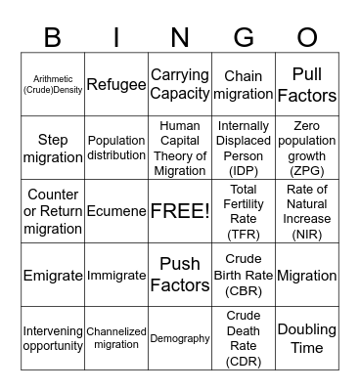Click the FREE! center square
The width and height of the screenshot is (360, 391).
(180, 211)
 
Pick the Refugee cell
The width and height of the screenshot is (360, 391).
(116, 85)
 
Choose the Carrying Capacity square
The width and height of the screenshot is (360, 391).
(180, 85)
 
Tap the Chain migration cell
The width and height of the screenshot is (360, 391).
(244, 85)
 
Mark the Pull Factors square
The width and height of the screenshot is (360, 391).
(307, 85)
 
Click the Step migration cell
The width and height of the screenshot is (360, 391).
(53, 149)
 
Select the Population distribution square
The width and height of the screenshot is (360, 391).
(116, 149)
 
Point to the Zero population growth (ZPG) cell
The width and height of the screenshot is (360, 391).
(307, 149)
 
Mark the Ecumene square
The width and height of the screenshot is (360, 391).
(116, 211)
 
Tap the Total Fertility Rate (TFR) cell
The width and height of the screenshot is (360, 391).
(244, 211)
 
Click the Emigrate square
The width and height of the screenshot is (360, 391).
(53, 276)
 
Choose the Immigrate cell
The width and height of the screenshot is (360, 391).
(116, 276)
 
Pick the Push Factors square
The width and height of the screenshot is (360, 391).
(180, 276)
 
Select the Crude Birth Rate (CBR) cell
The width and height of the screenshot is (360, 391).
(244, 276)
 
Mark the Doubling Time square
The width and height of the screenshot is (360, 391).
(307, 338)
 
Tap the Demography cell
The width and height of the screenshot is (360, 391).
(180, 338)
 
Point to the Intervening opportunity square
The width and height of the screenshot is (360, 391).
(53, 338)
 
